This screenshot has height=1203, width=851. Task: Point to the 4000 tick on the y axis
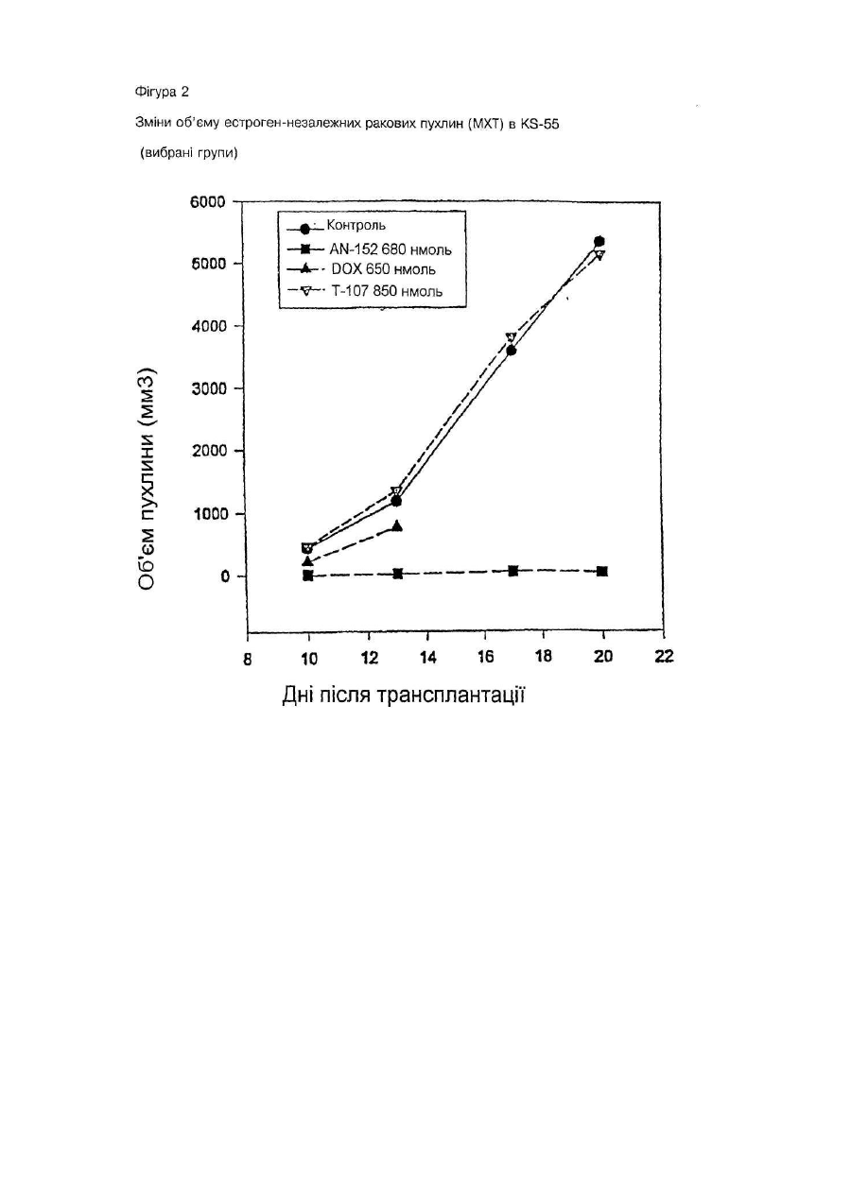click(208, 326)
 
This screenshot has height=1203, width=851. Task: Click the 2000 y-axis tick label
click(208, 451)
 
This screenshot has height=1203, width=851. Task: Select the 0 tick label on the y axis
click(225, 576)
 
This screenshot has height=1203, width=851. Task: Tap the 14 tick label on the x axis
click(427, 657)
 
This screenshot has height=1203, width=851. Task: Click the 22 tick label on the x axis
click(664, 656)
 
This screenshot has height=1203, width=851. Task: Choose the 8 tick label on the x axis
click(247, 659)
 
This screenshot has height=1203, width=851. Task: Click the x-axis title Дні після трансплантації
click(404, 695)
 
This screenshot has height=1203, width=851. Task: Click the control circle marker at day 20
click(599, 241)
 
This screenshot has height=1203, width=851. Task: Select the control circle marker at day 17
click(511, 351)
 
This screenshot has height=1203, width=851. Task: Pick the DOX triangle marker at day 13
click(397, 525)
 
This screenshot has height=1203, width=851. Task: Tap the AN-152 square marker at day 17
click(513, 571)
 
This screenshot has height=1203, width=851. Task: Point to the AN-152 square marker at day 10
click(308, 576)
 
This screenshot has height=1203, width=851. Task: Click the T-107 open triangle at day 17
click(511, 337)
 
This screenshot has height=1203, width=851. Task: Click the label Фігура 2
click(162, 93)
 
